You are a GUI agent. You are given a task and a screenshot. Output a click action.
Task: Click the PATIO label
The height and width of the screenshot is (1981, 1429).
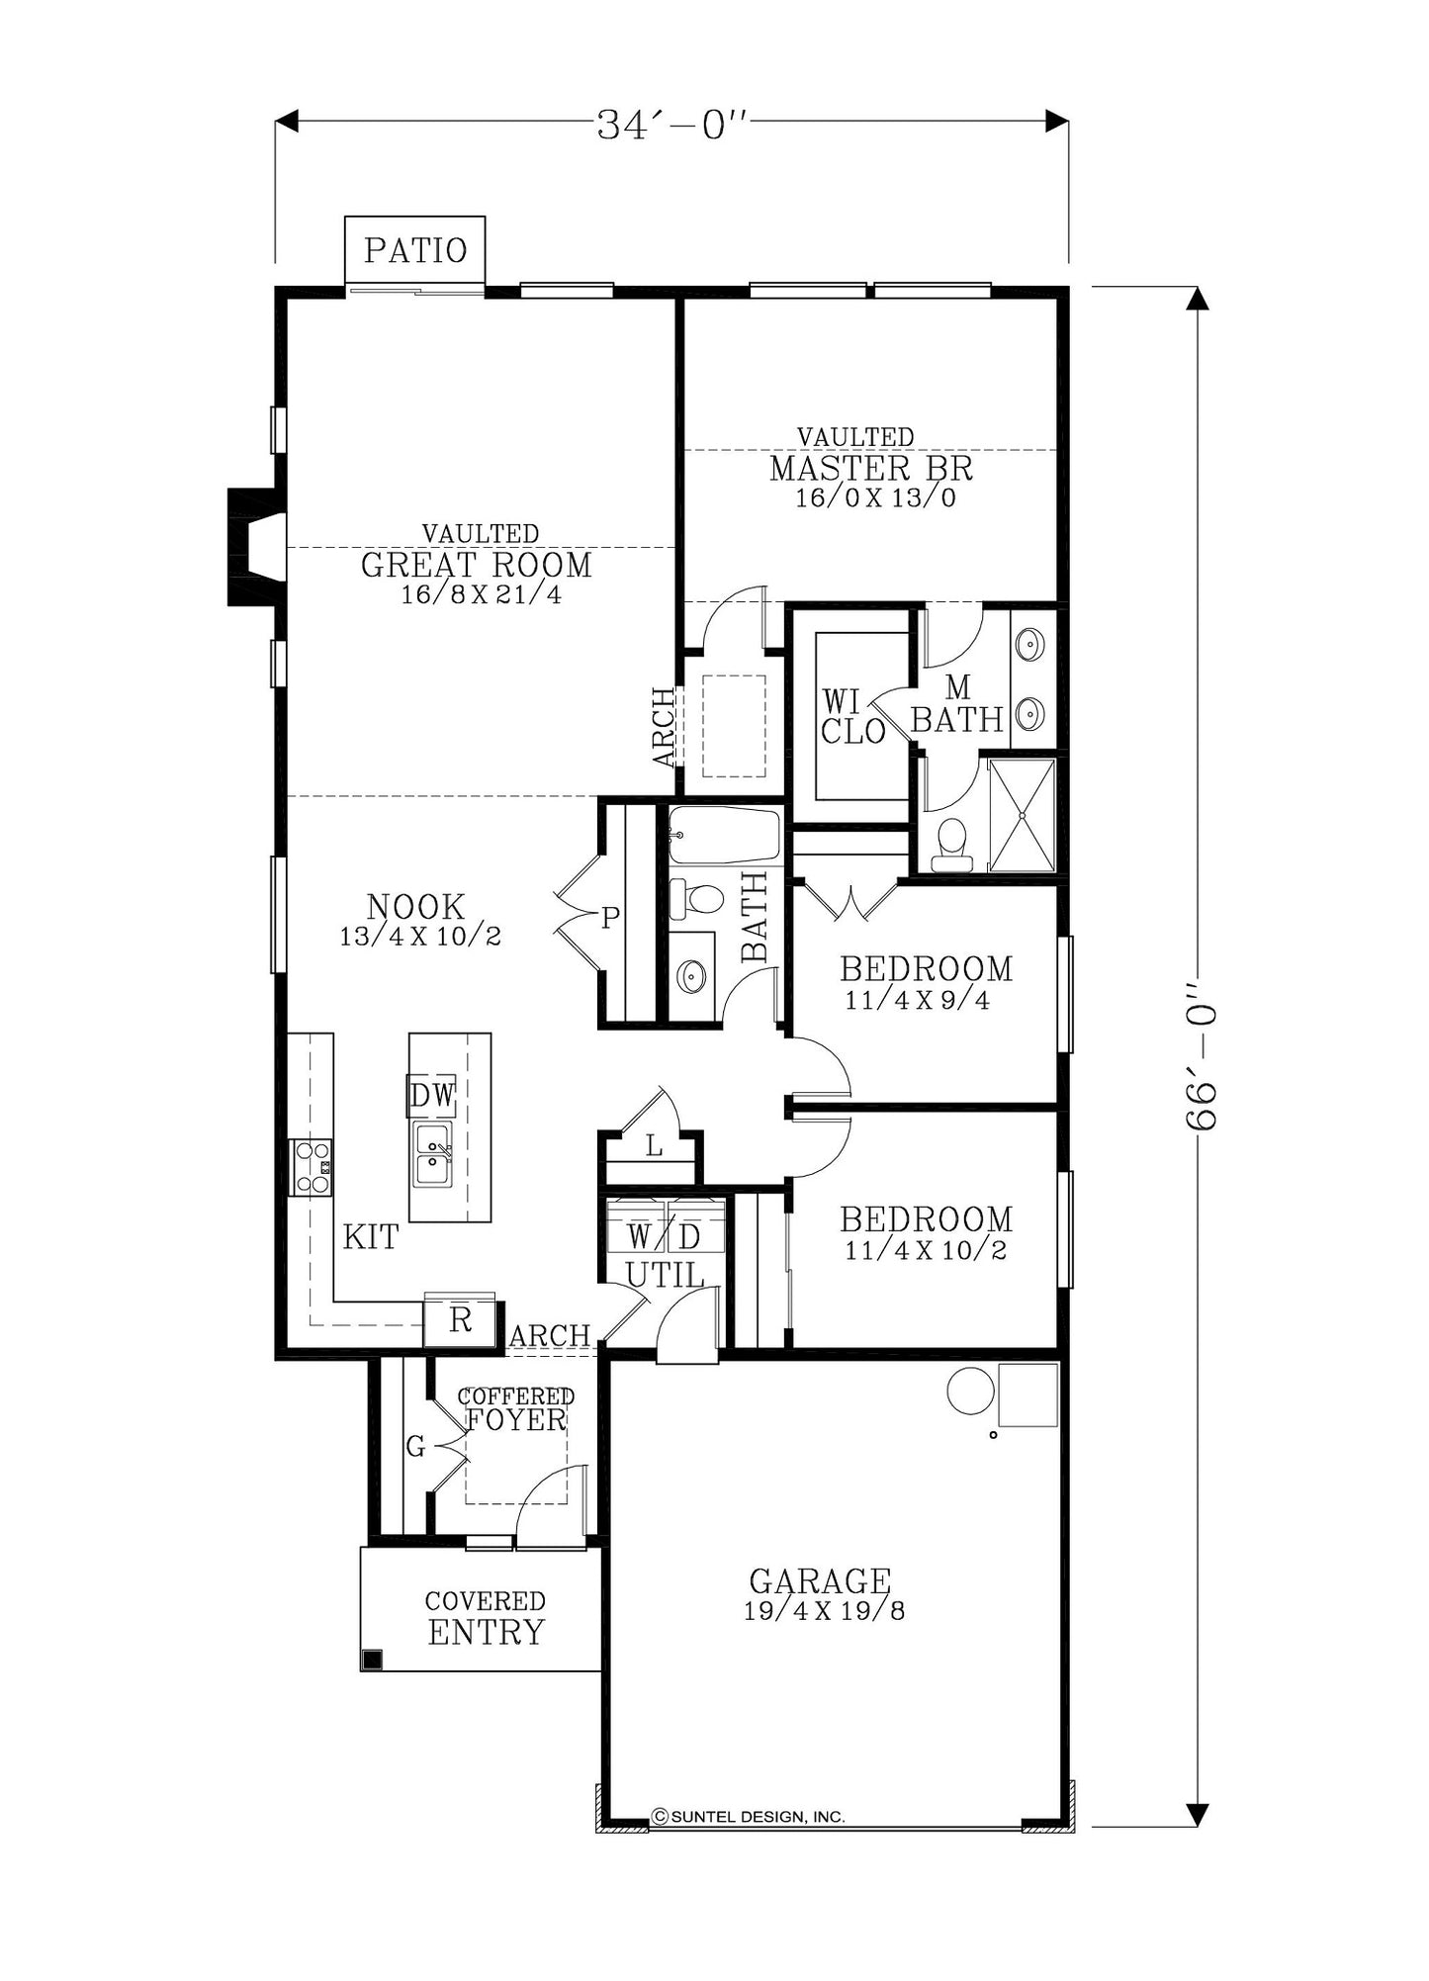pos(415,250)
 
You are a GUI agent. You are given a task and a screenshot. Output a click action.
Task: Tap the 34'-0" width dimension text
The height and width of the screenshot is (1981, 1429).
pos(670,125)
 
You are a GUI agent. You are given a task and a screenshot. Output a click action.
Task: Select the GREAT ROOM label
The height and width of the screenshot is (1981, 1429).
pos(476,565)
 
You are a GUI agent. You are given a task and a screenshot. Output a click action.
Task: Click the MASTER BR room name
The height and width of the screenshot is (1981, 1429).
pos(871,468)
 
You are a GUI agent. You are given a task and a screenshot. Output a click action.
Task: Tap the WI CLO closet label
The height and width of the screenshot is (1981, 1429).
pos(852,716)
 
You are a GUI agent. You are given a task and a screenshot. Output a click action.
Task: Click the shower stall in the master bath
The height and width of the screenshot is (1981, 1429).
pos(1023,816)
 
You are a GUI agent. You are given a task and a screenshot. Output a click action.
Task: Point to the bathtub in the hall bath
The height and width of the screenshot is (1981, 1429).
pos(724,836)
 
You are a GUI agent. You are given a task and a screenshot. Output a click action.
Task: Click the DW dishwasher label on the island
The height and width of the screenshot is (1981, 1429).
pos(432,1095)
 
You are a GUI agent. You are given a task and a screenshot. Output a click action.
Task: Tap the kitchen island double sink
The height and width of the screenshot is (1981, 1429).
pos(432,1154)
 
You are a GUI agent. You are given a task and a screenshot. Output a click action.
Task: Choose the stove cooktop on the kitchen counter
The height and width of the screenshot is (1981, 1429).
pos(311,1167)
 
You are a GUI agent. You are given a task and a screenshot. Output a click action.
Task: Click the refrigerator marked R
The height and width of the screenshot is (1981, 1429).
pos(460,1320)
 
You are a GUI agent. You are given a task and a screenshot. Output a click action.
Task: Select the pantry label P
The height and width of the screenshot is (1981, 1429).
pos(610,919)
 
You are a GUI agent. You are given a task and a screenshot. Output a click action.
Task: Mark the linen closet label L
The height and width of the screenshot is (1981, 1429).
pos(654,1146)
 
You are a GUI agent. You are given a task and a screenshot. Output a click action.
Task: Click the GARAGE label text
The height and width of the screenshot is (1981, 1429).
pos(820,1580)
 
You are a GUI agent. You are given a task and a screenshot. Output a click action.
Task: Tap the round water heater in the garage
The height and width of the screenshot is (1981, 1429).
pos(970,1391)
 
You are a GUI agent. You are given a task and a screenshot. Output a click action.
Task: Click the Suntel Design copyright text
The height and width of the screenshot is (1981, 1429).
pos(749,1817)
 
